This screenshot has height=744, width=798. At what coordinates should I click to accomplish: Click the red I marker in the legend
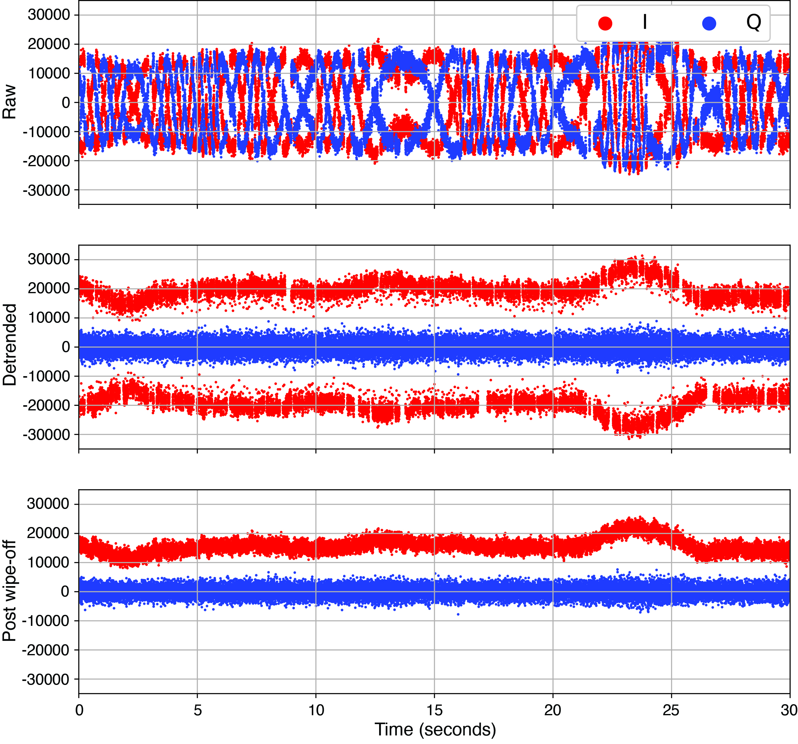pos(605,23)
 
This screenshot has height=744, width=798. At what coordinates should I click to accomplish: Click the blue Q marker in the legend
pos(709,23)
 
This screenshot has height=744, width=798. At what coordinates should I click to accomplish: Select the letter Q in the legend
pos(753,22)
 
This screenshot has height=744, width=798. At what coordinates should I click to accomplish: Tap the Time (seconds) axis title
pos(435,729)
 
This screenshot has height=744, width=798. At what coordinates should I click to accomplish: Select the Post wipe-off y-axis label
pos(9,590)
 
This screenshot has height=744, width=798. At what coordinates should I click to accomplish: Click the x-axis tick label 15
pos(434,710)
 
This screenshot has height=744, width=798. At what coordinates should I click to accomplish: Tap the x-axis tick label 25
pos(671,710)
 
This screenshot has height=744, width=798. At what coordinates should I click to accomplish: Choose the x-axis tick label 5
pos(197,710)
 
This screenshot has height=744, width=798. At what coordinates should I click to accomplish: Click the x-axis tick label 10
pos(316,710)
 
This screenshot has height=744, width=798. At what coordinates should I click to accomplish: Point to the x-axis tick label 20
pos(553,710)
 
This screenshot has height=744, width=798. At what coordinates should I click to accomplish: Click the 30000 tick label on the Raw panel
pos(49,15)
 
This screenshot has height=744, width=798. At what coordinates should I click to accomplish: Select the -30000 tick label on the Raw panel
pos(46,190)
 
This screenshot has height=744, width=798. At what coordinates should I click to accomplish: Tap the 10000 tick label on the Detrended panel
pos(49,318)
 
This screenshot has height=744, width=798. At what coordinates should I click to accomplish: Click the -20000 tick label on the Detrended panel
pos(46,406)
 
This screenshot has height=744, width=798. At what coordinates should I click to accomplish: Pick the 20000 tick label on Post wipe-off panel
pos(48,533)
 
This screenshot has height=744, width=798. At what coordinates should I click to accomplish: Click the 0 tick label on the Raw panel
pos(66,103)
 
